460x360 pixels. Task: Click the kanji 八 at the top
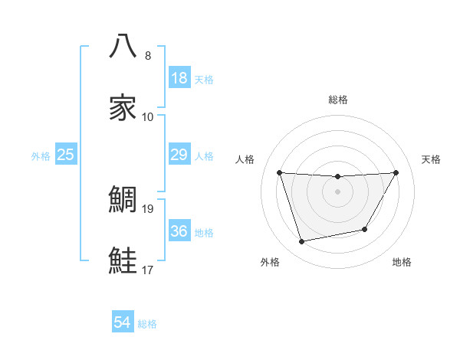[x=123, y=46]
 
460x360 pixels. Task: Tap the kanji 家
[x=123, y=108]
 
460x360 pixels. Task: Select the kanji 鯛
[x=123, y=200]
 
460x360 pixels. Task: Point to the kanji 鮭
[x=123, y=261]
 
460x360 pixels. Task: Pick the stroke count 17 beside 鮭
[x=148, y=270]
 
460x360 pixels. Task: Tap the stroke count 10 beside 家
[x=148, y=116]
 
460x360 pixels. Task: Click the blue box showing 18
[x=179, y=78]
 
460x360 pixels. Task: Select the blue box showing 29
[x=179, y=155]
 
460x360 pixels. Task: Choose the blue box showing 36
[x=179, y=231]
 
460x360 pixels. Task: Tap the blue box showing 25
[x=66, y=155]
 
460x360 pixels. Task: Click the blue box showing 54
[x=123, y=323]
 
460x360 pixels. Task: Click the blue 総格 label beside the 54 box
[x=147, y=324]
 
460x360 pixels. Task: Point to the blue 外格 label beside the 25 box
[x=41, y=156]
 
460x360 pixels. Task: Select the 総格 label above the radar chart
[x=337, y=100]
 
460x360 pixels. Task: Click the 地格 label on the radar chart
[x=402, y=262]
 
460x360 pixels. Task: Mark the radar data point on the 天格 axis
[x=396, y=172]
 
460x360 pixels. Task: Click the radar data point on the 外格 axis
[x=301, y=242]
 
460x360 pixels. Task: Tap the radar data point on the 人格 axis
[x=279, y=172]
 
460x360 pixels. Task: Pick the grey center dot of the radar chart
[x=337, y=191]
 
